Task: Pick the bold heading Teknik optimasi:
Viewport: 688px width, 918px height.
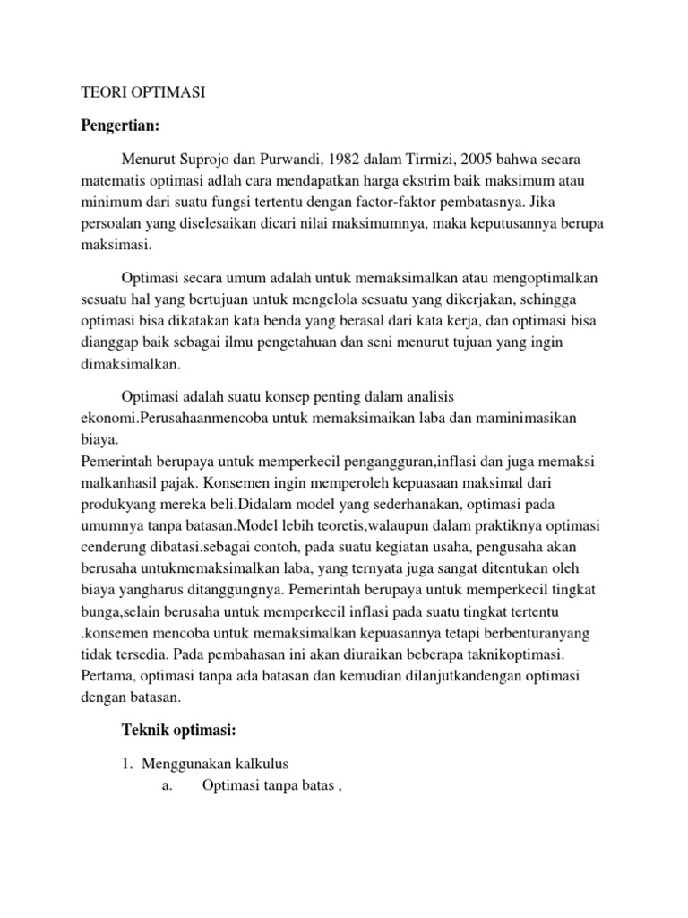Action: click(178, 731)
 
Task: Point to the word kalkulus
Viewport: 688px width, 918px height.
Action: click(259, 763)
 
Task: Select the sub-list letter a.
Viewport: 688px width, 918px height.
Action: click(166, 786)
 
